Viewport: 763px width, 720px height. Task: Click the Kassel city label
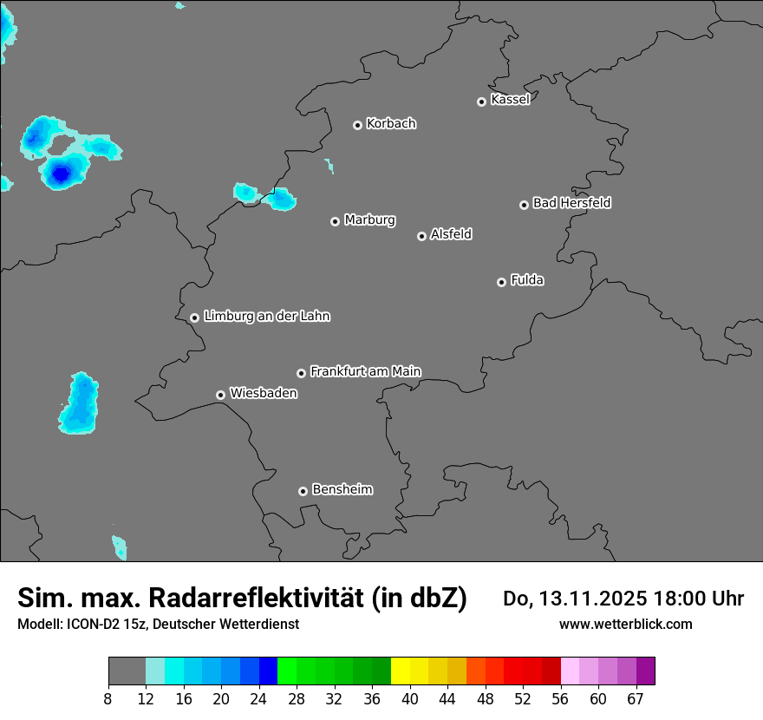click(x=510, y=100)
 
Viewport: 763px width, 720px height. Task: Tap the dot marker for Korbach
click(x=357, y=125)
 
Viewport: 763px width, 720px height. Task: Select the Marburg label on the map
click(x=369, y=220)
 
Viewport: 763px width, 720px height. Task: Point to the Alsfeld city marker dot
click(x=421, y=236)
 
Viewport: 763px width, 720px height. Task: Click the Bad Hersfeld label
click(x=571, y=203)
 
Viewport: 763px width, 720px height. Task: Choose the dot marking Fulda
click(x=501, y=282)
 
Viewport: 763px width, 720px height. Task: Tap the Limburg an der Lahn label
click(x=266, y=317)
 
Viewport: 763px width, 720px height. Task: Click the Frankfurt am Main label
click(x=365, y=371)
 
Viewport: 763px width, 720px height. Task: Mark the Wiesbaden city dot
click(x=220, y=395)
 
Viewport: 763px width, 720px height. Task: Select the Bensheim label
click(x=342, y=489)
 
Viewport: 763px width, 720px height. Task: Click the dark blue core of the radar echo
click(x=59, y=174)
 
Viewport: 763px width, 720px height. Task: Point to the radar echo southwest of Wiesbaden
click(x=80, y=403)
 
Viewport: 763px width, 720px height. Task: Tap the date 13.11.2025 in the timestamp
click(x=588, y=599)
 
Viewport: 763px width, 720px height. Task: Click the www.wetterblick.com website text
click(x=625, y=624)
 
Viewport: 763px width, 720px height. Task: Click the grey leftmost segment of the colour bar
click(x=127, y=671)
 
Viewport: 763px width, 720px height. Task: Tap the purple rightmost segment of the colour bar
click(x=645, y=671)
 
